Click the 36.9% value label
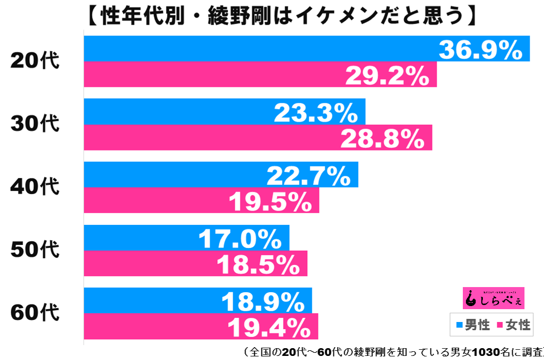tap(480, 50)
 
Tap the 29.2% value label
tap(387, 76)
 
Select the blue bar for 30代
tap(224, 112)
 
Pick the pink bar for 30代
tap(257, 138)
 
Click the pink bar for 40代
tap(201, 201)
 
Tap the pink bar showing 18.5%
tap(195, 264)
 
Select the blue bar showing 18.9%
tap(198, 300)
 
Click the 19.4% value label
tap(268, 327)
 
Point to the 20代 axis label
tap(35, 61)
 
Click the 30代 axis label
tap(35, 124)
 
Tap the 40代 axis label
tap(35, 187)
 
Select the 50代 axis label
tap(35, 251)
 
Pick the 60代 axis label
tap(35, 313)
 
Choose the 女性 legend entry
tap(512, 325)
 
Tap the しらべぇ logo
tap(494, 298)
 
